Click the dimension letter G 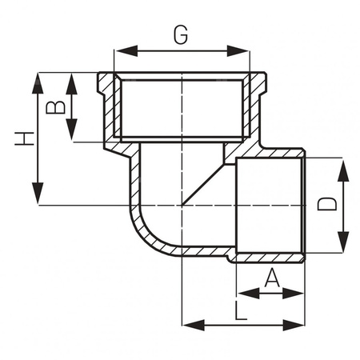coord(181,34)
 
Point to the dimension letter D coord(326,205)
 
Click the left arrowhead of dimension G coord(121,52)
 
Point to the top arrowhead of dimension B coord(71,78)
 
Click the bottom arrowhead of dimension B coord(71,136)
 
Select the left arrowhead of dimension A coord(242,294)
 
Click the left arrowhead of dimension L coord(190,325)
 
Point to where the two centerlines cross coord(183,206)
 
